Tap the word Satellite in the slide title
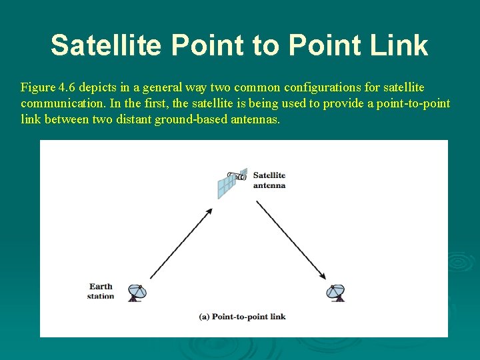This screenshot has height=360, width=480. tap(105, 45)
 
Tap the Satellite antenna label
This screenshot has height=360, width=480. tap(269, 180)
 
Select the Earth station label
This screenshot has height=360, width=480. tap(101, 291)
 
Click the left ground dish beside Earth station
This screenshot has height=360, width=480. tap(137, 292)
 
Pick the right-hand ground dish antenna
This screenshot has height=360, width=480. tap(336, 292)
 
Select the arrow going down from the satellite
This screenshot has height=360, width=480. tap(291, 239)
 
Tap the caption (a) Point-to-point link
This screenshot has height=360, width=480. tap(243, 317)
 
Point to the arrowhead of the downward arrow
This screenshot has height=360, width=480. tap(323, 276)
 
